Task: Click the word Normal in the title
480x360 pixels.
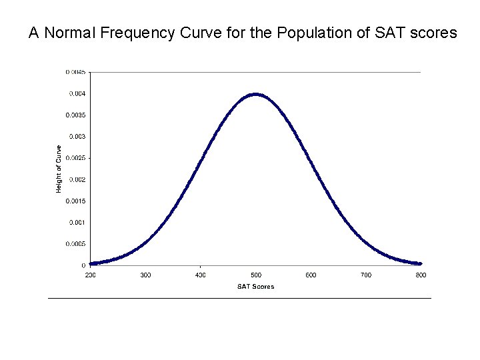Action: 69,33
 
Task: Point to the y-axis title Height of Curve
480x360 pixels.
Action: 59,169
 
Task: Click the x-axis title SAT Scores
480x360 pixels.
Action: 255,287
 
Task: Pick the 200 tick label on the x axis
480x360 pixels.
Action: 90,275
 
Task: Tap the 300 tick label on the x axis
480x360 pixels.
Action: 145,275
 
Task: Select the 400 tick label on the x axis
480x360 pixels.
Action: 201,275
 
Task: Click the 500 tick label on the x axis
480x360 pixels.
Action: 256,275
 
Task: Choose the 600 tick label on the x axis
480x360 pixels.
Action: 311,275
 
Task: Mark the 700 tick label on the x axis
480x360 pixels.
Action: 366,275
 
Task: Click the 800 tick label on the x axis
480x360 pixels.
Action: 421,275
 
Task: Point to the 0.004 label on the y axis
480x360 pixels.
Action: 77,93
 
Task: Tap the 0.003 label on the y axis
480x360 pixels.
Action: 77,137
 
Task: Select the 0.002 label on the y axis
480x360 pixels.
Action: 77,179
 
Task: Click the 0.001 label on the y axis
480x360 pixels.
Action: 77,222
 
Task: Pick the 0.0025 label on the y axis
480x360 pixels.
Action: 75,158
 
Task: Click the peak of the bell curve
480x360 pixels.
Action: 256,94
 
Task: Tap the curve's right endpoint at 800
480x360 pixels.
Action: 420,263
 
